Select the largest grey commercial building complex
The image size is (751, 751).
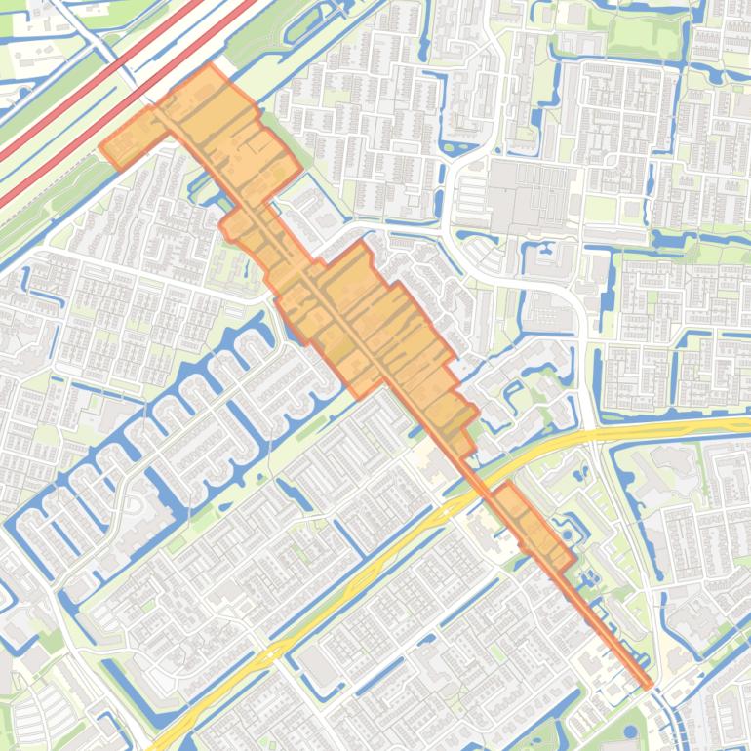[x=527, y=195]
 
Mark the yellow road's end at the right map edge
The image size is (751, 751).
[x=746, y=425]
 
